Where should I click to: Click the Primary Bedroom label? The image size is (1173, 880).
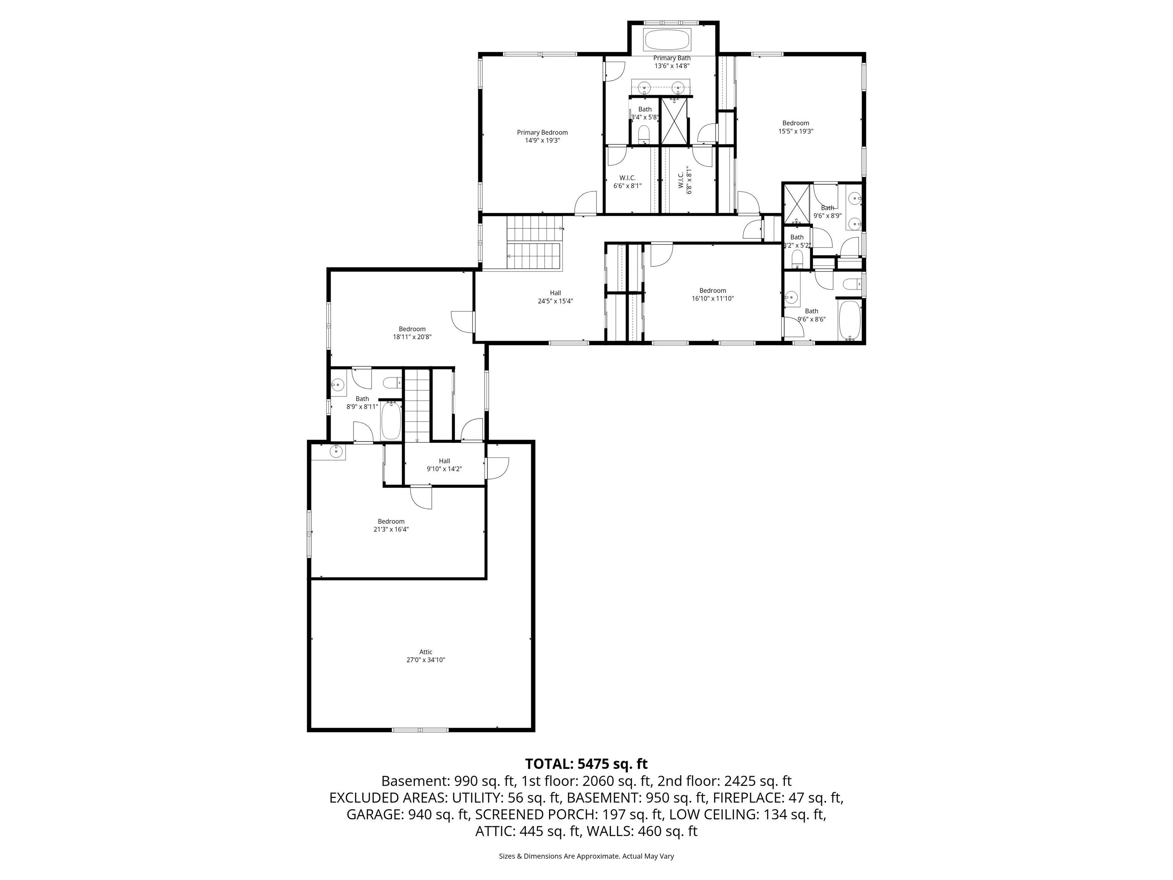pyautogui.click(x=542, y=133)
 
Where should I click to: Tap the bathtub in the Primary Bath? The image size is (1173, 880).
pyautogui.click(x=667, y=39)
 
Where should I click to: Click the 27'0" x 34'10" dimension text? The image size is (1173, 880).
pyautogui.click(x=426, y=660)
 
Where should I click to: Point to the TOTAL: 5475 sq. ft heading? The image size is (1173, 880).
pyautogui.click(x=586, y=764)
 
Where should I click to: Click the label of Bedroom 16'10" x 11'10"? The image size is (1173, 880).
pyautogui.click(x=712, y=291)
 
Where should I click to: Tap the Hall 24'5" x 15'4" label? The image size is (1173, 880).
pyautogui.click(x=555, y=293)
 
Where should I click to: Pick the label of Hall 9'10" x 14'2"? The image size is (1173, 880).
pyautogui.click(x=444, y=461)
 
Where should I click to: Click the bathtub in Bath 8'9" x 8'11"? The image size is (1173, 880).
pyautogui.click(x=391, y=421)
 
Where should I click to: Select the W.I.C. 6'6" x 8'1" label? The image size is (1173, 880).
pyautogui.click(x=627, y=178)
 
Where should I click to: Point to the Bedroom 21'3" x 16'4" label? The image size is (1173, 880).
pyautogui.click(x=391, y=521)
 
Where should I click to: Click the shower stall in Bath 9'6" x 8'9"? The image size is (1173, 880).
pyautogui.click(x=797, y=203)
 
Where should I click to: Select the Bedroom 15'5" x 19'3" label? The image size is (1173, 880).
pyautogui.click(x=795, y=123)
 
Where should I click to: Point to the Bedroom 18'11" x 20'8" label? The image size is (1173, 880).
pyautogui.click(x=412, y=329)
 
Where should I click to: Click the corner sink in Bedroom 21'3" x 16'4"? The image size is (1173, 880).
pyautogui.click(x=335, y=452)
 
